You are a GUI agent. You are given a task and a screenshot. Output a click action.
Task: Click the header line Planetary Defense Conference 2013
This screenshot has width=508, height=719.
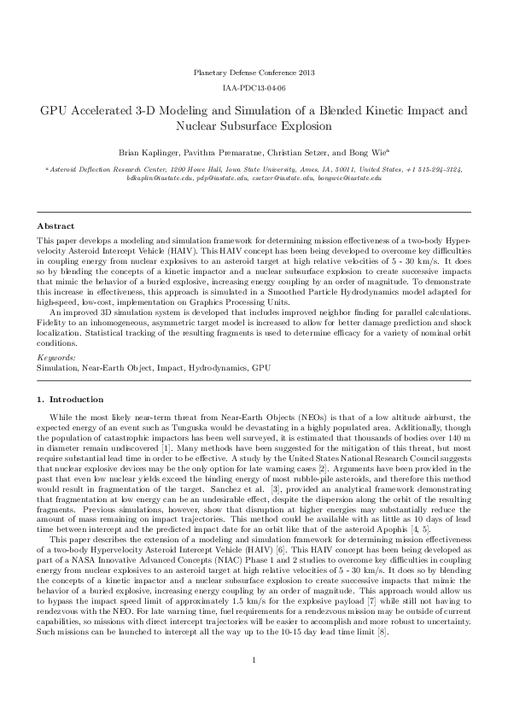pos(254,73)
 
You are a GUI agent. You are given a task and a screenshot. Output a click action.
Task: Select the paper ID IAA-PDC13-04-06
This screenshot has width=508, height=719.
pos(254,88)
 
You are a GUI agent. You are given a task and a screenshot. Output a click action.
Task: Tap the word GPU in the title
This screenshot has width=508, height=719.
pos(55,111)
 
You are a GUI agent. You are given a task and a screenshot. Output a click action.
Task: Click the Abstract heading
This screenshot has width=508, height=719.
pos(55,225)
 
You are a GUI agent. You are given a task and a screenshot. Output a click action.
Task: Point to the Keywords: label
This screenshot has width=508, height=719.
pos(56,357)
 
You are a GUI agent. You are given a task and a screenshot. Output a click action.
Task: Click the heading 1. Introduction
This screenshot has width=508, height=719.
pos(70,400)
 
